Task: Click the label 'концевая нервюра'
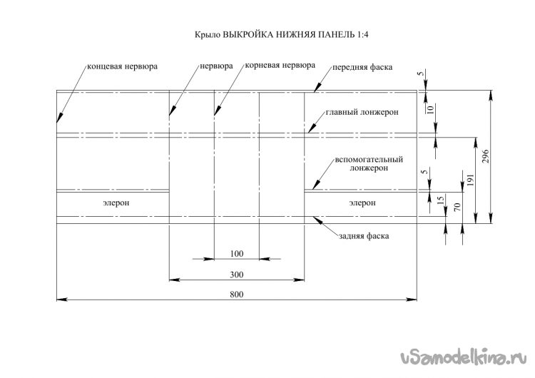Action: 121,66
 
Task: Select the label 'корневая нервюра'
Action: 279,65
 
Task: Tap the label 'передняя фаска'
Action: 362,68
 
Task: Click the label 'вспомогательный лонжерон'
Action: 369,164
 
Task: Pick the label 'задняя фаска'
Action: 363,235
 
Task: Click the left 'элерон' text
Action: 116,203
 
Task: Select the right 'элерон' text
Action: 362,203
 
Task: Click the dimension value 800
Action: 237,295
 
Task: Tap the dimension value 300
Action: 237,275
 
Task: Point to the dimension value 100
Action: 237,254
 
